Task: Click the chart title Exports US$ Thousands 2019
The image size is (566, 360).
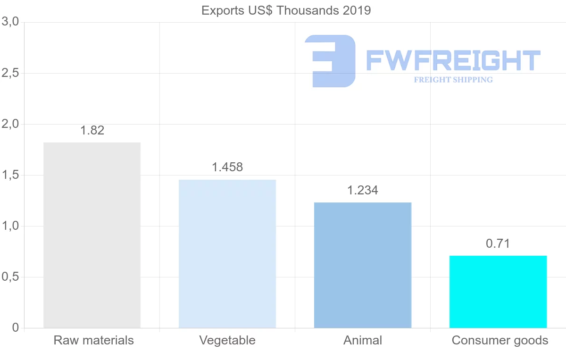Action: (x=286, y=10)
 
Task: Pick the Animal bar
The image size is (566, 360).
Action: (x=363, y=265)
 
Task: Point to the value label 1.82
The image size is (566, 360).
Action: (x=92, y=131)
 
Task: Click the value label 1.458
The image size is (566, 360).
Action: (x=227, y=167)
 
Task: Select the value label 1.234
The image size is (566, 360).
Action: (x=363, y=190)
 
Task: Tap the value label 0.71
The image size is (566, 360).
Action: (x=498, y=243)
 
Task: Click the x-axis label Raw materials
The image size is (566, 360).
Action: (x=94, y=340)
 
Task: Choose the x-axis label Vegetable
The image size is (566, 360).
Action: (x=227, y=340)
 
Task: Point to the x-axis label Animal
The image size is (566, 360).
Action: (x=363, y=340)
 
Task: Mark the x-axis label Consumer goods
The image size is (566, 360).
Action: (x=500, y=340)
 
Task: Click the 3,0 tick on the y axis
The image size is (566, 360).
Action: (x=10, y=22)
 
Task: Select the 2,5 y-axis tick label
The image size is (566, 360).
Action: (x=10, y=73)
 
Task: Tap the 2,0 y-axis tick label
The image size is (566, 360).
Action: (x=10, y=124)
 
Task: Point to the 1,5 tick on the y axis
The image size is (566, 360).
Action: (x=10, y=175)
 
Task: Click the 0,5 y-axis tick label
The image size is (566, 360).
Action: (x=10, y=277)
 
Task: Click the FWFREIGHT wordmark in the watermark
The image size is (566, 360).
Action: (x=453, y=60)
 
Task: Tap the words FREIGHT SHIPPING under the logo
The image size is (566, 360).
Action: (x=453, y=80)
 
